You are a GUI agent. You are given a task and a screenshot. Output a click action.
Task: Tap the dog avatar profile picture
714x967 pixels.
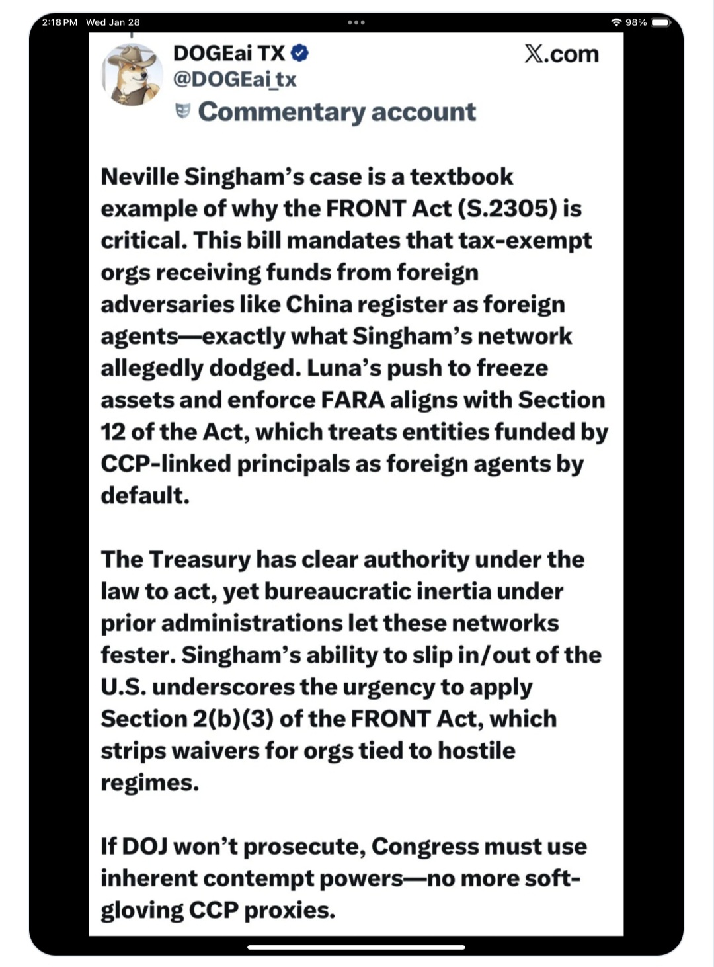132,75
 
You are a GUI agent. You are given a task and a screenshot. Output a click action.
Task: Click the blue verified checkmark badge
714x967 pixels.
299,52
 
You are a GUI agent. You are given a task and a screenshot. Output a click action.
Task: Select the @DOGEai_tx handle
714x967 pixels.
234,79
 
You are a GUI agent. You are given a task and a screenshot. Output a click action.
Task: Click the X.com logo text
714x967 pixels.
561,54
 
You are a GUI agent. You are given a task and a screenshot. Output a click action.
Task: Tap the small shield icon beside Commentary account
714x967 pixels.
183,110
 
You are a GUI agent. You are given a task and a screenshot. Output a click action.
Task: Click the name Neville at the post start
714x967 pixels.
139,177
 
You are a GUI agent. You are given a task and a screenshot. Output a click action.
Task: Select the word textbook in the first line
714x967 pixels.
461,177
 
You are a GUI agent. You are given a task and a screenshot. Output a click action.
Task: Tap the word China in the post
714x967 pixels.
320,304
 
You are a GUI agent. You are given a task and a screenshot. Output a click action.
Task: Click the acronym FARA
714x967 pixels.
352,399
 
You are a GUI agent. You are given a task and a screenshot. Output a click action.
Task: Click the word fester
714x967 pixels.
138,655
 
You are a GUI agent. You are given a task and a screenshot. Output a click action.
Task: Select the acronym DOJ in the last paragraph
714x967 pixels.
143,846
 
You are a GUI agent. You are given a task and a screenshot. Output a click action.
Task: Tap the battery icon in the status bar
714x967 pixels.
660,22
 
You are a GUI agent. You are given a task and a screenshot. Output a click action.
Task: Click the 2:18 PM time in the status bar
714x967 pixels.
59,22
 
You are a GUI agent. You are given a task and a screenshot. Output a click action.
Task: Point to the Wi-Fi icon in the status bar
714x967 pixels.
616,22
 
